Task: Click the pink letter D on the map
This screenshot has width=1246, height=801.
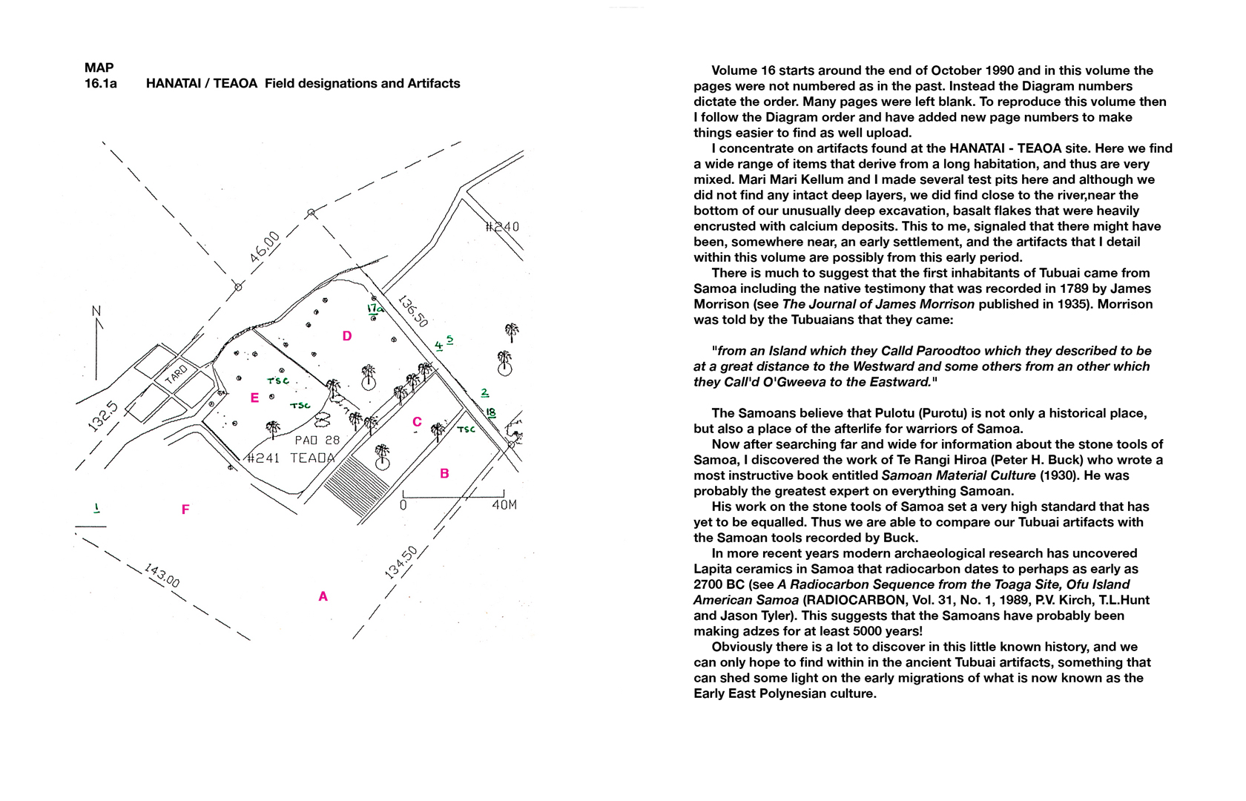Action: coord(346,337)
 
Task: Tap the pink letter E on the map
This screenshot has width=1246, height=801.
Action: coord(254,398)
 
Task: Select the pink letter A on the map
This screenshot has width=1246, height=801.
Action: coord(323,596)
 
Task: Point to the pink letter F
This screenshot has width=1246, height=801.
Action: coord(185,510)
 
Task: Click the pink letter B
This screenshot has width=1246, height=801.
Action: coord(444,474)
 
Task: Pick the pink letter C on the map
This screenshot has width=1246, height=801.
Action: coord(417,422)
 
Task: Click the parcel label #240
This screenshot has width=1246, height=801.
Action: coord(502,227)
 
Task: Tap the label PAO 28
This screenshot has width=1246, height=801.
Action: coord(317,441)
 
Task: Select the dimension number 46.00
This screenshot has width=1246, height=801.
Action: coord(265,247)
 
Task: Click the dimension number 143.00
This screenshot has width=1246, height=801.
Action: coord(162,576)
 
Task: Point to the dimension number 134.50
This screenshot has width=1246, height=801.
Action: coord(401,561)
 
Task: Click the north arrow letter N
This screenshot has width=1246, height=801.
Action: coord(96,311)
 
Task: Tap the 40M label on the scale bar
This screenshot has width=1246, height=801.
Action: coord(504,506)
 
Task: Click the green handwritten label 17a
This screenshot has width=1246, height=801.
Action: coord(375,309)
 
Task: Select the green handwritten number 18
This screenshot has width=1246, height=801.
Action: coord(490,412)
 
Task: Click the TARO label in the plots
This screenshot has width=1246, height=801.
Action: coord(176,375)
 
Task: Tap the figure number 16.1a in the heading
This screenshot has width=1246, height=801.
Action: coord(101,84)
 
